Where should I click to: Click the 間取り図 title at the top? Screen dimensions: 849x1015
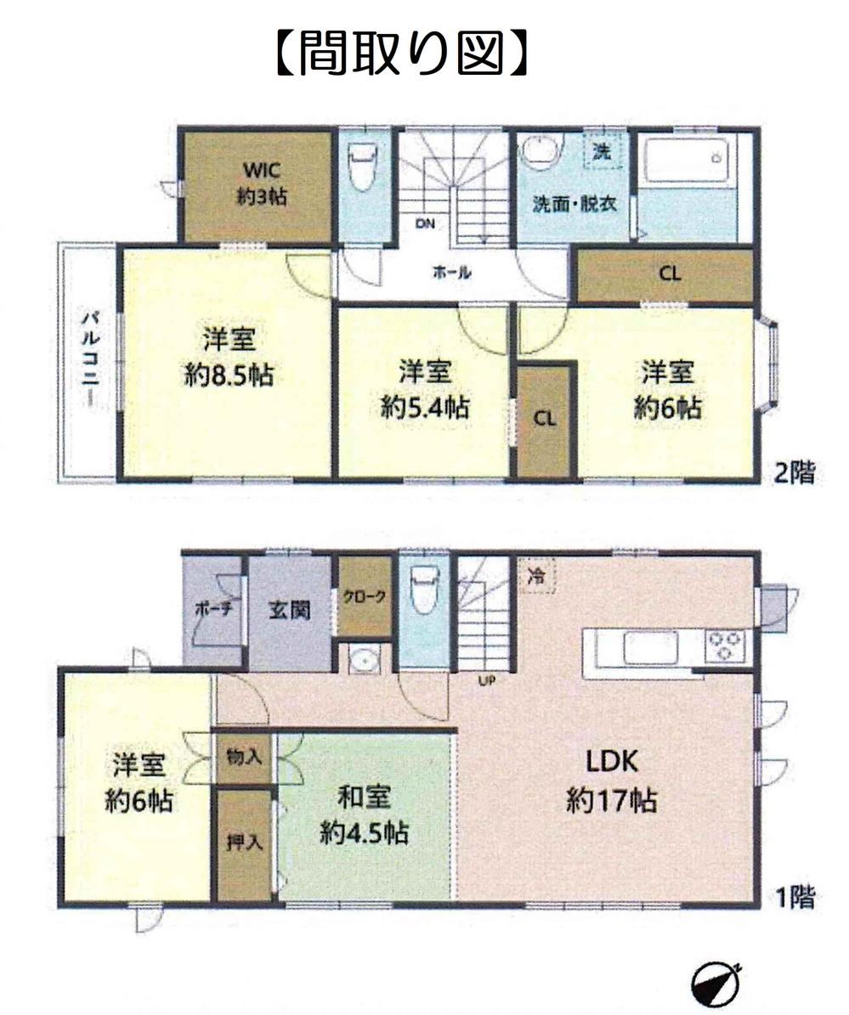tap(401, 53)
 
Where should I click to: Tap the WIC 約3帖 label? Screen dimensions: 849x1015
tap(262, 183)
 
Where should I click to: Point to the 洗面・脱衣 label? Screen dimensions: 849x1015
tap(574, 205)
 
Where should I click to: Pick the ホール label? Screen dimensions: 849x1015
tap(451, 273)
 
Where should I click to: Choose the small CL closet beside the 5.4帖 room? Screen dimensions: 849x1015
tap(546, 420)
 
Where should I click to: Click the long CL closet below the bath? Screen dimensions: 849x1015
tap(665, 273)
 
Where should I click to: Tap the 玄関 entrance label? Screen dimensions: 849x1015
tap(290, 610)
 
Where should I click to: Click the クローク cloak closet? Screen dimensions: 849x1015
tap(365, 596)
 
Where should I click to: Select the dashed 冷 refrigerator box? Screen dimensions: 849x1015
tap(537, 576)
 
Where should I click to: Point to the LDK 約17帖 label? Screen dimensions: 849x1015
tap(611, 780)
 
